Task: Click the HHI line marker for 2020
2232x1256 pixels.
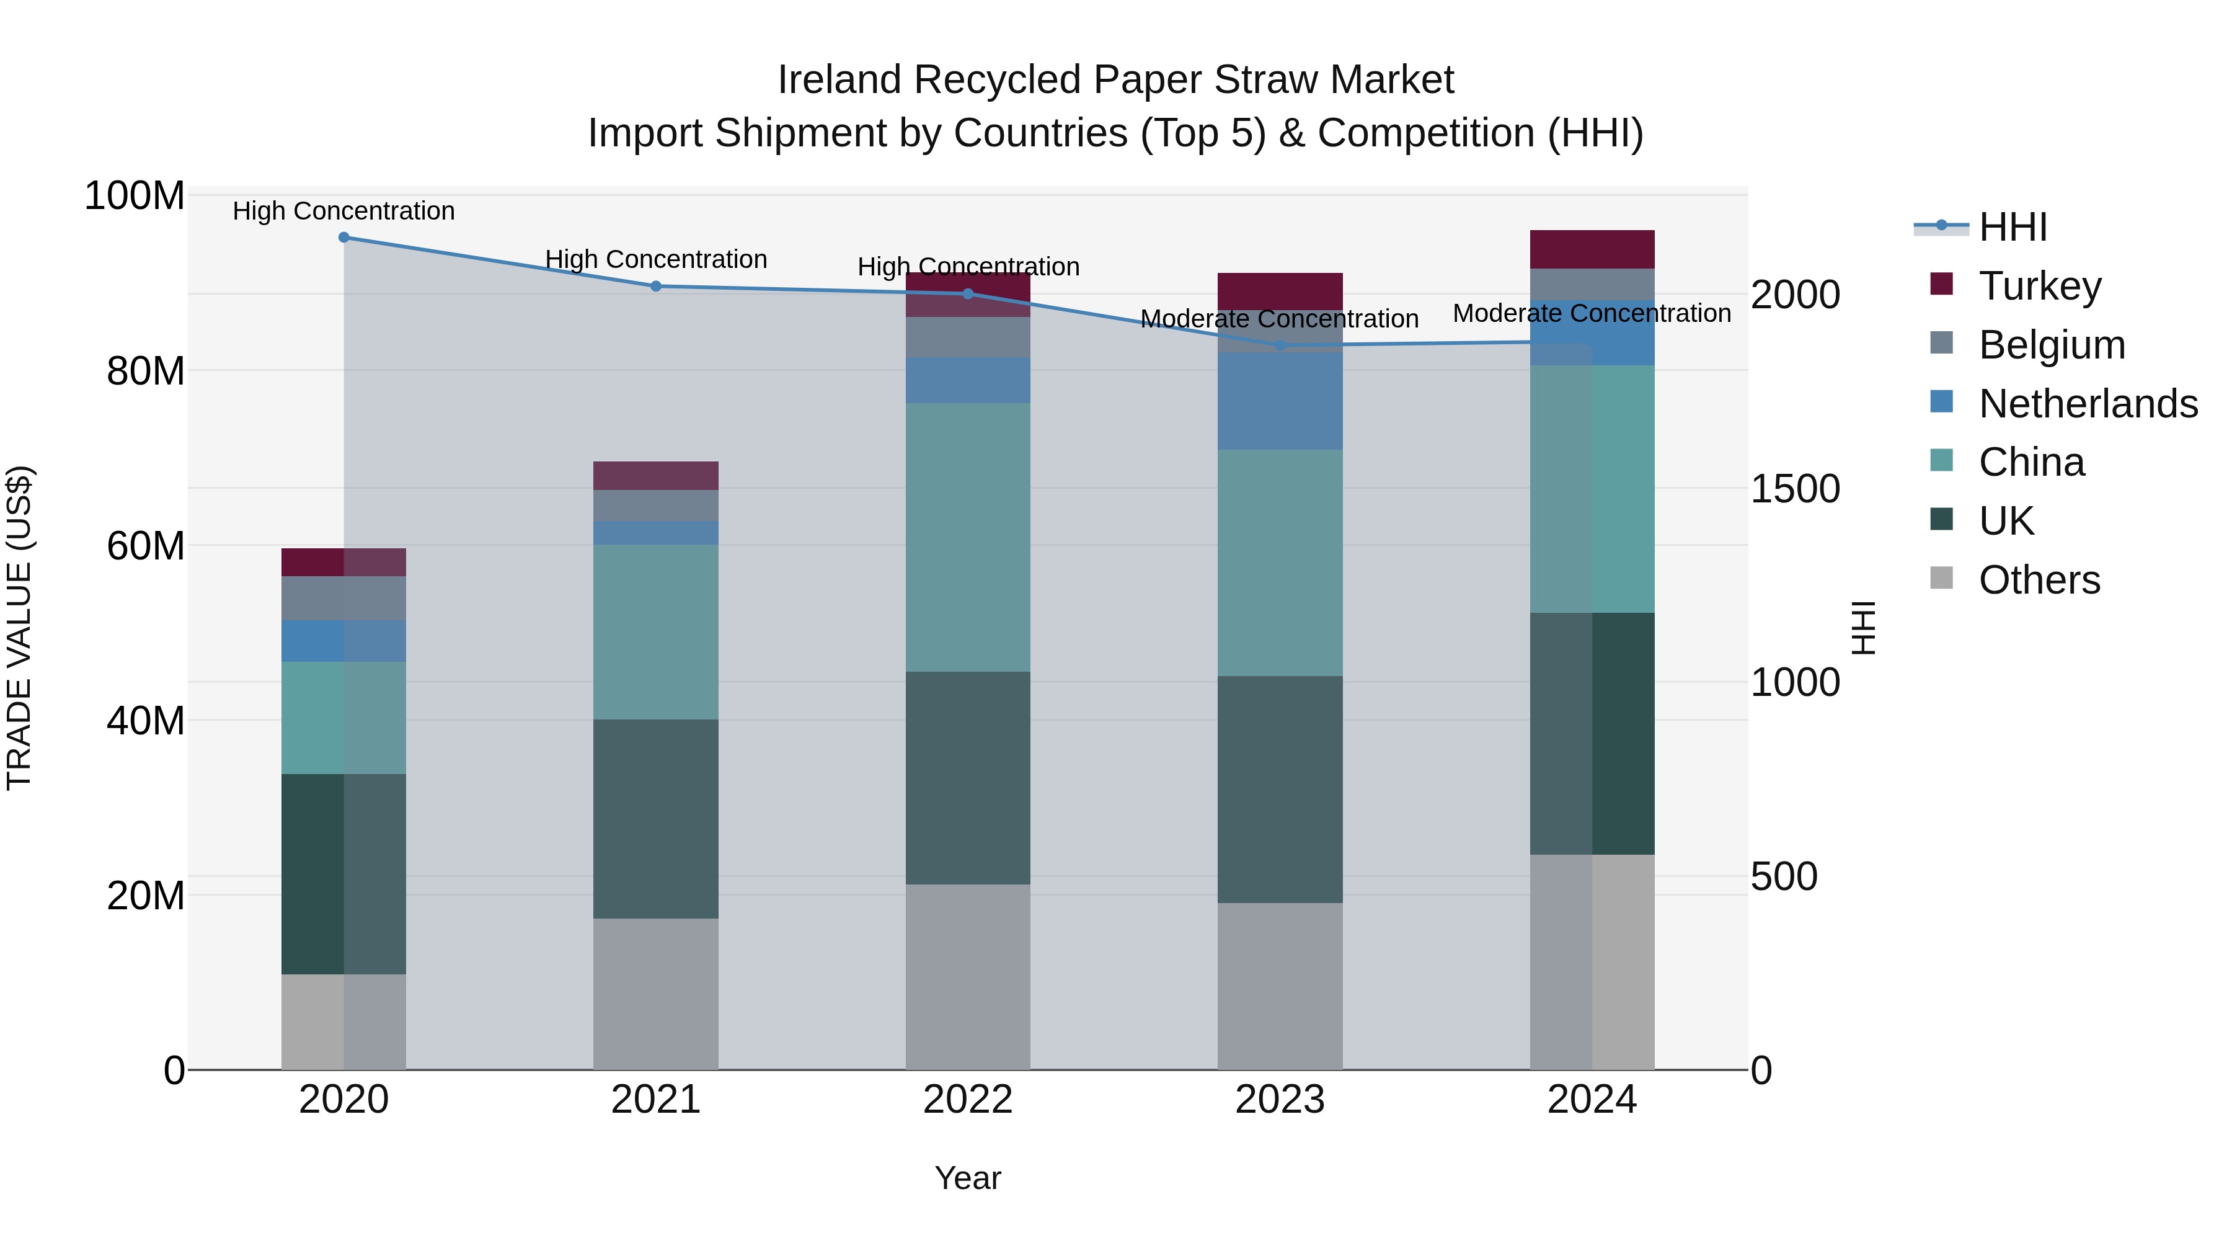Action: [344, 238]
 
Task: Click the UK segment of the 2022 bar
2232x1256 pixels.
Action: [968, 778]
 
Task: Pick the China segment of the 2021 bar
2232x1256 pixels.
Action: [656, 632]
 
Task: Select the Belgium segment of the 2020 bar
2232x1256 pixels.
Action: [344, 598]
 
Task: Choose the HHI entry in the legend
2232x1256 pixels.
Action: [2012, 227]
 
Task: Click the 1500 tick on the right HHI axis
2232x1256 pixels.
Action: [1796, 489]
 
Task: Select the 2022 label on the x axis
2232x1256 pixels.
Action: [968, 1100]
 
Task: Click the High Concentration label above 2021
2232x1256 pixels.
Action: [656, 259]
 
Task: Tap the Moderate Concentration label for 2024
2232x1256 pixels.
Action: [1592, 313]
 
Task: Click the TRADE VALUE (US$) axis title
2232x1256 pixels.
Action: [19, 628]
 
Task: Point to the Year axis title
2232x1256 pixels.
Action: [968, 1178]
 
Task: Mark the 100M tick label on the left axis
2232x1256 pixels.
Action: [135, 196]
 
